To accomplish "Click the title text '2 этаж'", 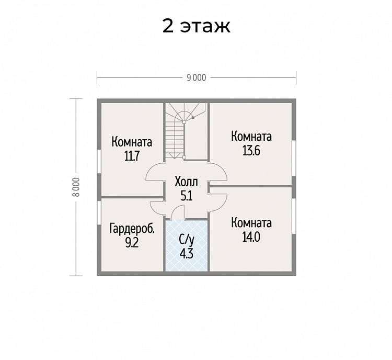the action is (196, 26).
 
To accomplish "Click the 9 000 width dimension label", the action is (197, 78).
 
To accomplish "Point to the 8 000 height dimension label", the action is (76, 187).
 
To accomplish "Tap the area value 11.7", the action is (132, 156).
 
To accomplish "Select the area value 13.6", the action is (251, 151).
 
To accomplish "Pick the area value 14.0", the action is (251, 237).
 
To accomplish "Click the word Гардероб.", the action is (132, 229).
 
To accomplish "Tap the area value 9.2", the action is (132, 243).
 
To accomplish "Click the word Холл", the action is (186, 182).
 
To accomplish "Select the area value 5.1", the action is (186, 196).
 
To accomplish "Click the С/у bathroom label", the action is (187, 240).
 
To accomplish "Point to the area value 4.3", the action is (187, 254).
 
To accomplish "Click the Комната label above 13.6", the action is (251, 137).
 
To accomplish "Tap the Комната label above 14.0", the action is (251, 223).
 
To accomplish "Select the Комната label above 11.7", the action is (132, 142).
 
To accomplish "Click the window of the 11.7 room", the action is (99, 161).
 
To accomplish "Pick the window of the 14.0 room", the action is (294, 216).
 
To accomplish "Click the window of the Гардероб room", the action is (99, 213).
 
